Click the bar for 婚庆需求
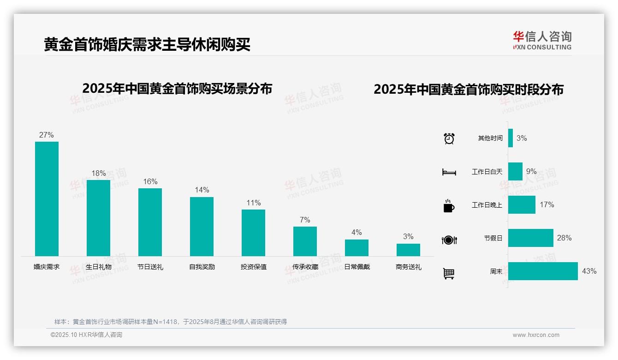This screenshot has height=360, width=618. (x=47, y=198)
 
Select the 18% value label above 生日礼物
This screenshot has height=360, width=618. (x=98, y=174)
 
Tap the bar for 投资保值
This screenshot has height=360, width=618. (x=253, y=233)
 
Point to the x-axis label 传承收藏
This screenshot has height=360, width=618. (x=305, y=267)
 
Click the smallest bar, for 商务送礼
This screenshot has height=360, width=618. (x=408, y=250)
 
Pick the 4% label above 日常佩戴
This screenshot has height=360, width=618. (x=357, y=233)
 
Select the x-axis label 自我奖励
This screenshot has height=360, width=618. (x=202, y=267)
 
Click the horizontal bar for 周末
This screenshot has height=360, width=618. (x=543, y=271)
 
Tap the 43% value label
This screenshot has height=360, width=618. (x=589, y=271)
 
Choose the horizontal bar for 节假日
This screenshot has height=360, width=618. (x=530, y=238)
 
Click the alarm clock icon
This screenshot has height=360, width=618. (x=449, y=138)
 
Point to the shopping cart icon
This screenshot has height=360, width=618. (x=449, y=273)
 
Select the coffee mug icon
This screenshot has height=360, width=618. (x=449, y=206)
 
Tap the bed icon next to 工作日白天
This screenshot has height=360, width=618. (x=449, y=172)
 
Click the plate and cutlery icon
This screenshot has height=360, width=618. (x=449, y=240)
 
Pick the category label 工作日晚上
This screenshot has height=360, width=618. (x=487, y=205)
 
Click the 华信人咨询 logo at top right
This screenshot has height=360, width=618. (x=542, y=40)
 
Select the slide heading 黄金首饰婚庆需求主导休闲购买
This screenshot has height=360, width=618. (x=147, y=45)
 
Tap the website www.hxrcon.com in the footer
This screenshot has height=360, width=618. (x=535, y=335)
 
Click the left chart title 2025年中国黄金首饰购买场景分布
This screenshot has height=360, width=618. (x=177, y=89)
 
